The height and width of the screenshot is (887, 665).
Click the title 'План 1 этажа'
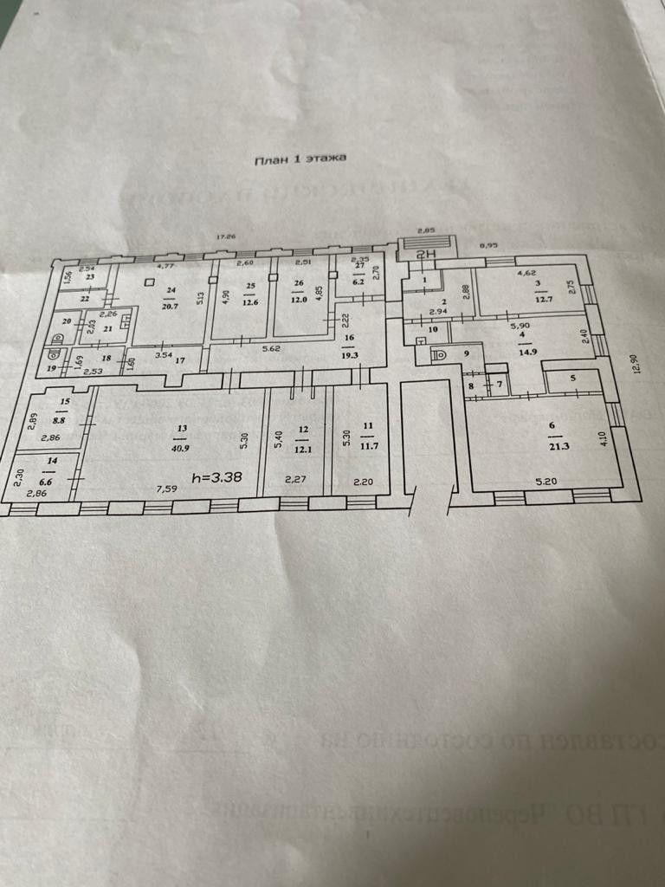click(x=300, y=159)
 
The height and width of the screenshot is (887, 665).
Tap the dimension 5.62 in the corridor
click(x=272, y=350)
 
